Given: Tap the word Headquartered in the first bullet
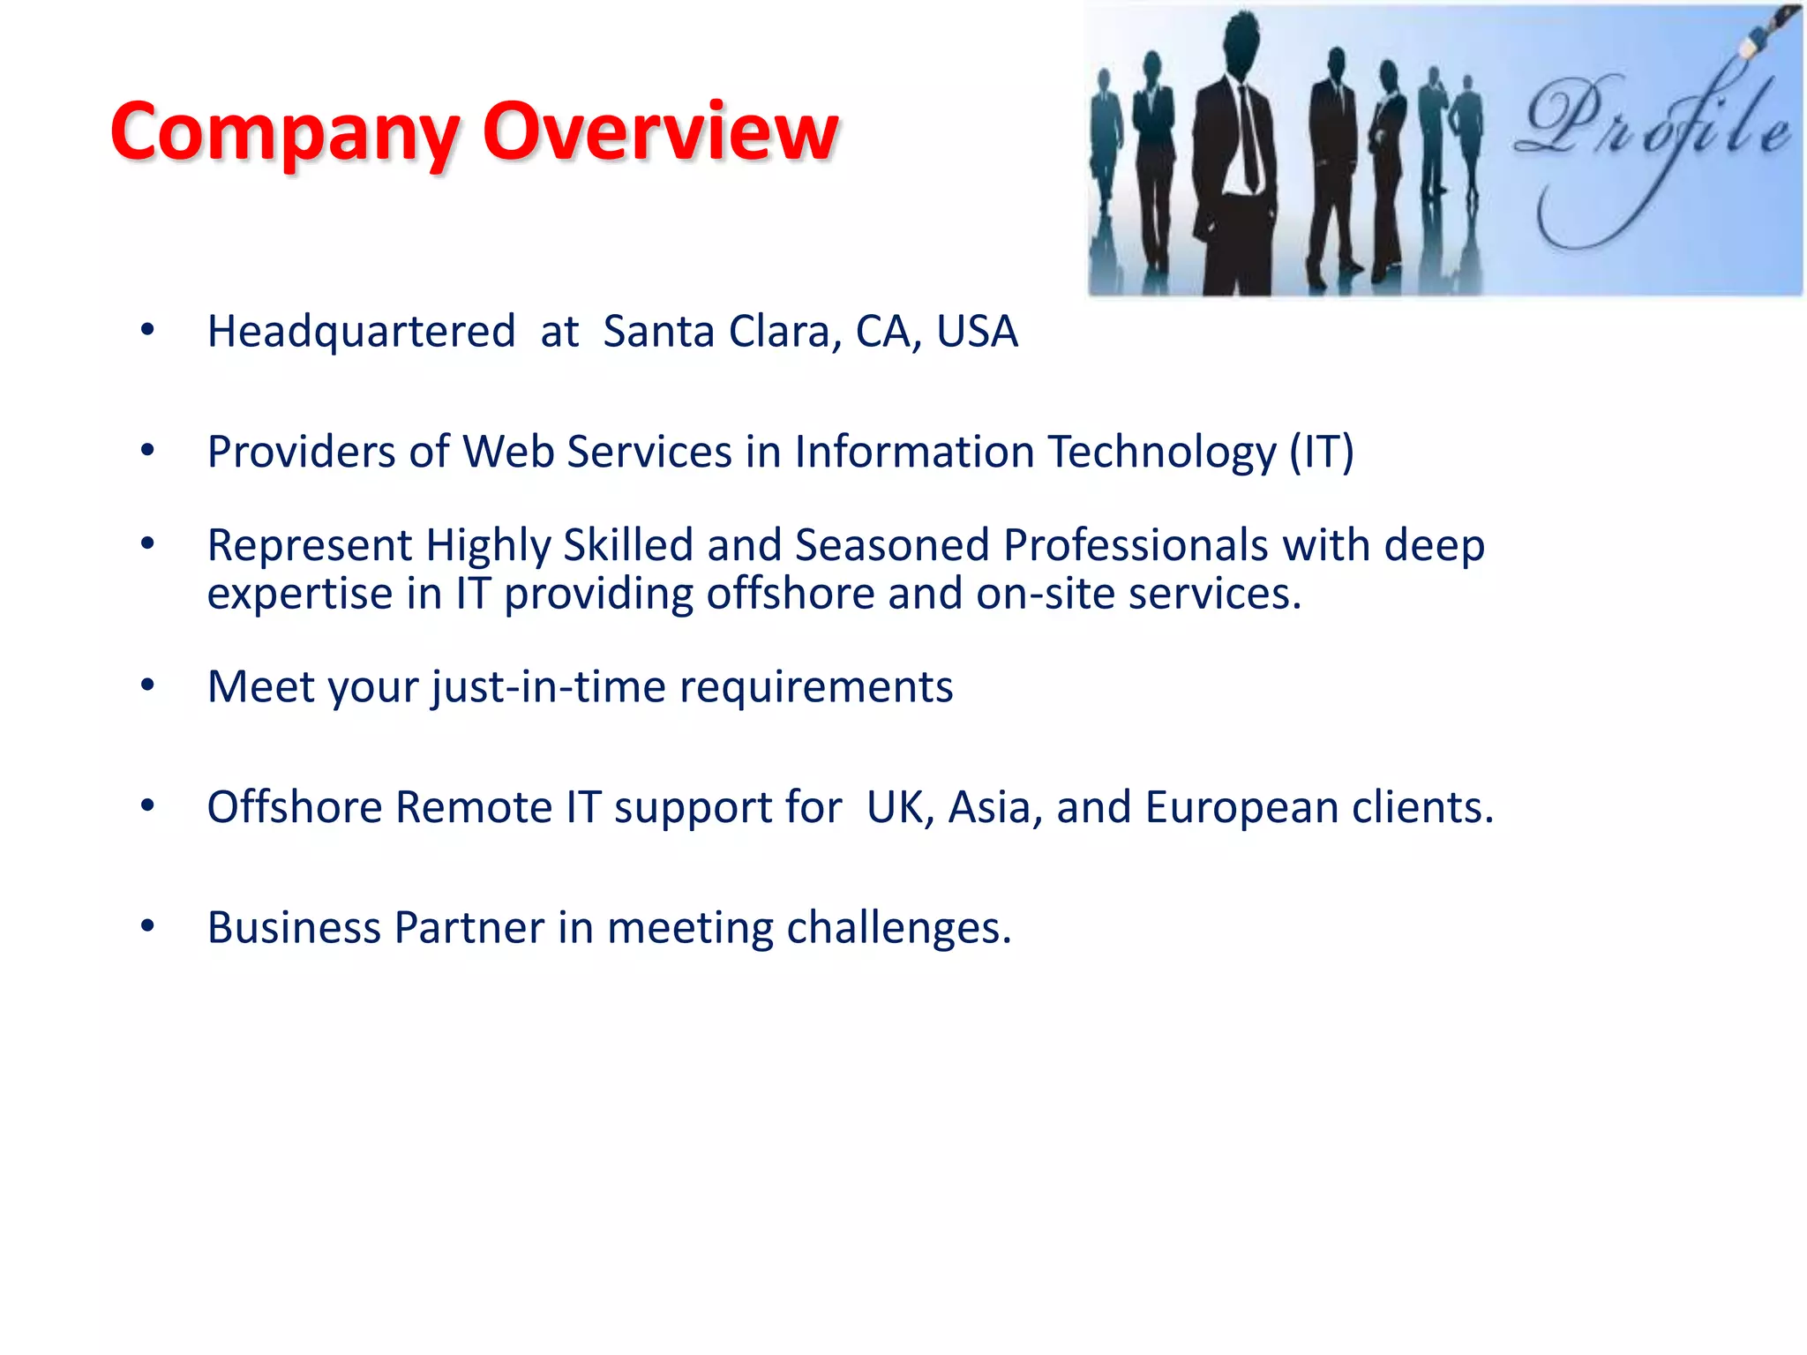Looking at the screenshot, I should point(361,332).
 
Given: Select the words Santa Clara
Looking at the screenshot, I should point(715,332).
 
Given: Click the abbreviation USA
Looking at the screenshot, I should point(977,332).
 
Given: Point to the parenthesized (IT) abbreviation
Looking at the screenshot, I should point(1321,453).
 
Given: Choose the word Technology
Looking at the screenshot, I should point(1162,453).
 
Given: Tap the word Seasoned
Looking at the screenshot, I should point(892,545).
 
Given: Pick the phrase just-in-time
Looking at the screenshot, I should point(548,687).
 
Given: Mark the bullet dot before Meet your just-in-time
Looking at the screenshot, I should point(147,685).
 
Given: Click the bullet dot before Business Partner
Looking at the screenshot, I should point(147,926).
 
